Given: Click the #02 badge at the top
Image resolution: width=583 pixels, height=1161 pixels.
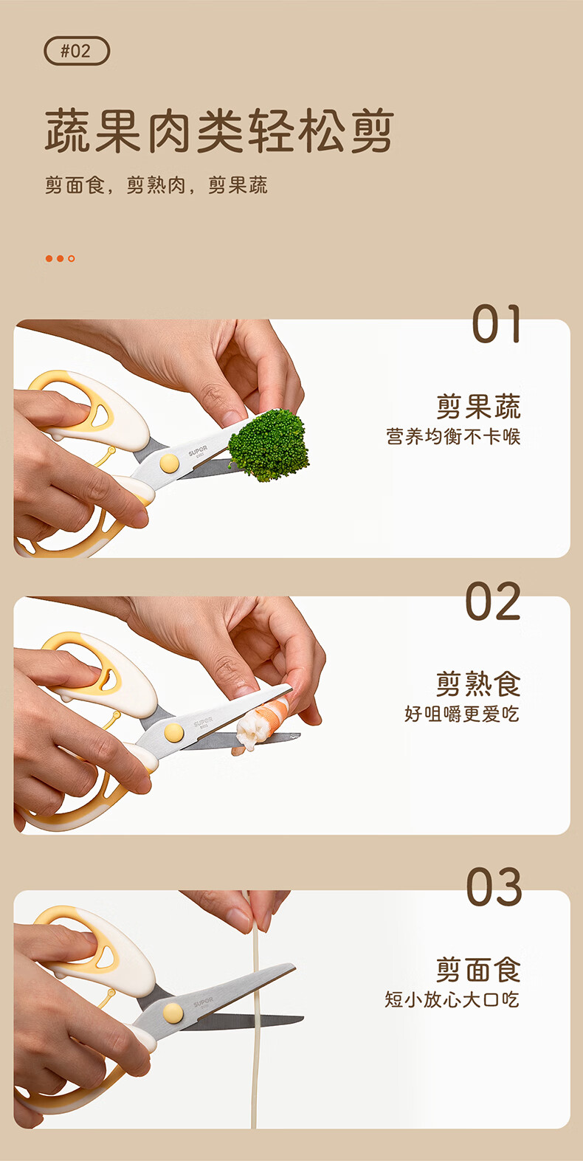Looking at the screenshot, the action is pyautogui.click(x=77, y=51).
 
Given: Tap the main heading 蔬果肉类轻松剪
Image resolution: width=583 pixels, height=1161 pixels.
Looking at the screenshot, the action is pyautogui.click(x=219, y=131).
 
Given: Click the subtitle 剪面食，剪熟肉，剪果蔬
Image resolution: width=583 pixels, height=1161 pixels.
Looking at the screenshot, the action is pyautogui.click(x=156, y=185).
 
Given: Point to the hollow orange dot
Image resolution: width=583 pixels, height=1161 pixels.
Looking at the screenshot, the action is pyautogui.click(x=72, y=258).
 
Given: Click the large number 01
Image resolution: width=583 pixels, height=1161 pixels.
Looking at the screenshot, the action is pyautogui.click(x=496, y=323).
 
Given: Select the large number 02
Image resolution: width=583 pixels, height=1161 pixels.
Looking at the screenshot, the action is pyautogui.click(x=493, y=601).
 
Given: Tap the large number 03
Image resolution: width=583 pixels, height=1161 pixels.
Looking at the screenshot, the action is pyautogui.click(x=494, y=887).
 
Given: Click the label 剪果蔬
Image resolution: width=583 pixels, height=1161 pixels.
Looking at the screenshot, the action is pyautogui.click(x=477, y=407).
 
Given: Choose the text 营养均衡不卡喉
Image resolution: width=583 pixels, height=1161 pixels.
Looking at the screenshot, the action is pyautogui.click(x=453, y=436).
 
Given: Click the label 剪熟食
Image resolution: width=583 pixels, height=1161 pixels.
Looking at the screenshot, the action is pyautogui.click(x=477, y=684).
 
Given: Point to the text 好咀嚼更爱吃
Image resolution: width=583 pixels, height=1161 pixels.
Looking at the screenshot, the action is pyautogui.click(x=462, y=714).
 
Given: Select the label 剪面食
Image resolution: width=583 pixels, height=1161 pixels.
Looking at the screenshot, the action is pyautogui.click(x=477, y=970).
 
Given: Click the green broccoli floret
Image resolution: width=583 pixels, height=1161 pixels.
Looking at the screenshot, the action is pyautogui.click(x=269, y=445).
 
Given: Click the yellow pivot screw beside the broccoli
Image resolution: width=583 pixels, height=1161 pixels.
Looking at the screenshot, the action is pyautogui.click(x=170, y=463).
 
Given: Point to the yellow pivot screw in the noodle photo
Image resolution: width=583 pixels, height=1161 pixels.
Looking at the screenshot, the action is pyautogui.click(x=173, y=1013).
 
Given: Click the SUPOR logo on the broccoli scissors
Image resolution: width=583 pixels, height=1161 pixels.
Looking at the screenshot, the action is pyautogui.click(x=198, y=451).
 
